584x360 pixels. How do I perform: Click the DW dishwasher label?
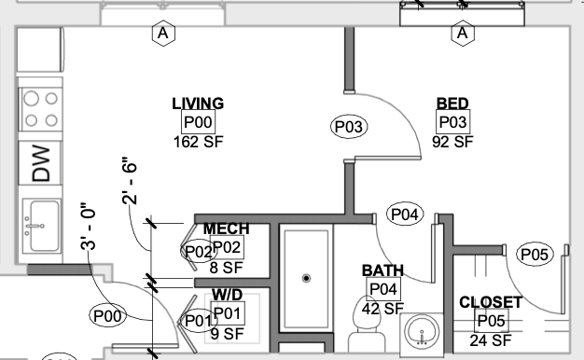[x=41, y=163]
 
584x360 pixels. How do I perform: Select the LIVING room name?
[x=198, y=104]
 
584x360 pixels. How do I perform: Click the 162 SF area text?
[x=199, y=142]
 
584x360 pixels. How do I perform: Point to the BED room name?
[x=452, y=104]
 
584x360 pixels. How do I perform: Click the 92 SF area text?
[x=452, y=142]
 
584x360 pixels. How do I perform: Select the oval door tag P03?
[x=349, y=127]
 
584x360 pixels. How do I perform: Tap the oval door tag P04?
[x=405, y=215]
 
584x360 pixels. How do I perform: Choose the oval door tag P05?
[x=535, y=255]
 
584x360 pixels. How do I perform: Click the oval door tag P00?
[x=107, y=316]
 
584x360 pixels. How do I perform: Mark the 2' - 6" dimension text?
[x=130, y=181]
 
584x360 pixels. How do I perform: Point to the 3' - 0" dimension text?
[x=89, y=227]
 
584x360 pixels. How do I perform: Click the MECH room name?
[x=226, y=228]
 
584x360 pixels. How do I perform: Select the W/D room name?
[x=228, y=295]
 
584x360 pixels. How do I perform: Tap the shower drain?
[x=306, y=278]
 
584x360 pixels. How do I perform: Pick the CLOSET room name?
[x=491, y=302]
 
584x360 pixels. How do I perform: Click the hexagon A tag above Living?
[x=163, y=34]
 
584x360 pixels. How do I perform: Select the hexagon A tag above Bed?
[x=463, y=34]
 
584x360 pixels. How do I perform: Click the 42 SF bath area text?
[x=383, y=309]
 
